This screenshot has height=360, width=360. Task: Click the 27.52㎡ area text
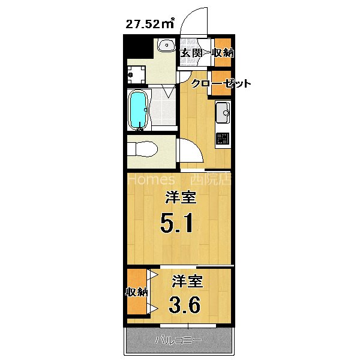(x=149, y=25)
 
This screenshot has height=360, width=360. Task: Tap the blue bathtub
(x=139, y=110)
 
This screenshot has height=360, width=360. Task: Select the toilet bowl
(x=143, y=148)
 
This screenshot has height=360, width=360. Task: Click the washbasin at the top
(x=166, y=46)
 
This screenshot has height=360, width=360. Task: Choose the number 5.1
(x=176, y=225)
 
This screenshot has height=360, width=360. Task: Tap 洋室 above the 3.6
(x=187, y=281)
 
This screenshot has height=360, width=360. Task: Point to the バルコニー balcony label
(x=178, y=341)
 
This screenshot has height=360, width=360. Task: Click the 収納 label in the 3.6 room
(x=136, y=292)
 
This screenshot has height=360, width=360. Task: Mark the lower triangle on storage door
(x=153, y=308)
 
